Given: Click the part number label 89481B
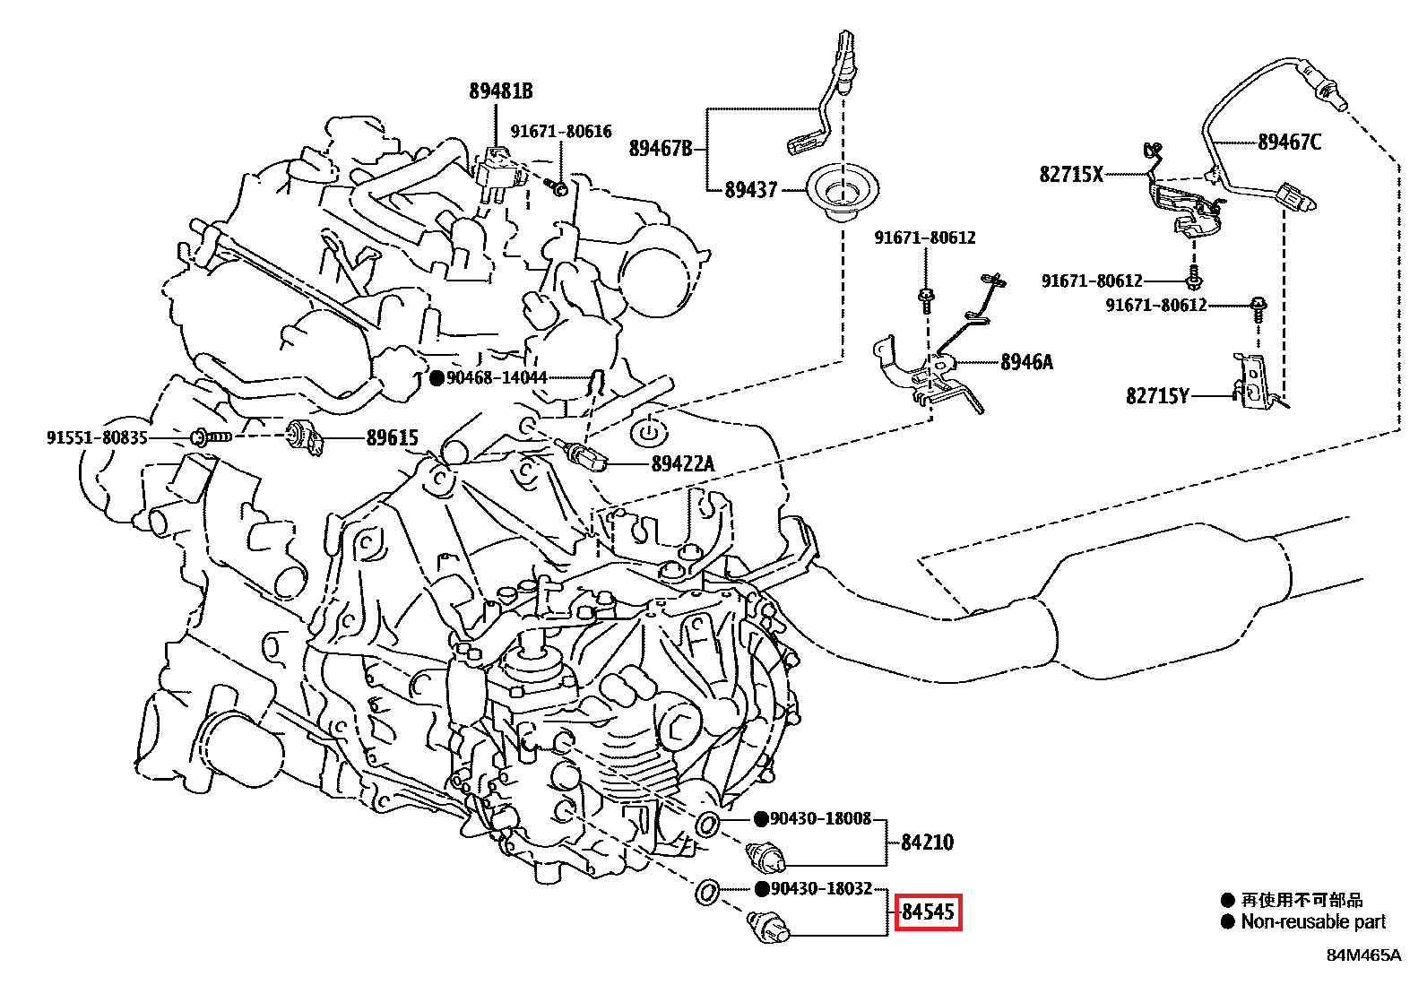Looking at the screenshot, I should [500, 91].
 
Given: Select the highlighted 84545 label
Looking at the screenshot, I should [928, 912].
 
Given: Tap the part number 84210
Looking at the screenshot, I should [927, 842].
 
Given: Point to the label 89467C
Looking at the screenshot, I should [1289, 143].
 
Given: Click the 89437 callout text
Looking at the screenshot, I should [751, 190].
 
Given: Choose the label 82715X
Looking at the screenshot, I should [1071, 175].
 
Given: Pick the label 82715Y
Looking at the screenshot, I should [1157, 396].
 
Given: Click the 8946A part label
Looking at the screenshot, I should [1026, 362].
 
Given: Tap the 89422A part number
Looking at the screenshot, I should [683, 464].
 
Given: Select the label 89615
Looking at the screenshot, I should [393, 438].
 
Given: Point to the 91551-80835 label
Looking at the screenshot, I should [97, 438].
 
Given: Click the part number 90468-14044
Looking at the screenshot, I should [497, 378].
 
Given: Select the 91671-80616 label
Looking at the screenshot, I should [561, 132].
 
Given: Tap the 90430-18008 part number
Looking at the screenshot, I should [820, 819].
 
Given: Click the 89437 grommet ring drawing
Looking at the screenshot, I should [843, 193].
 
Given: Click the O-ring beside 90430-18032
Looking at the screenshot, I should [706, 893].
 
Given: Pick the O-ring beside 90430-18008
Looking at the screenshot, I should [707, 824].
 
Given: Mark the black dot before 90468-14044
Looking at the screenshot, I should [437, 378].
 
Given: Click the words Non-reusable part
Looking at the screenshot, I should [1313, 922].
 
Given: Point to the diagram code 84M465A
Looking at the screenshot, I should [1363, 955].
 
